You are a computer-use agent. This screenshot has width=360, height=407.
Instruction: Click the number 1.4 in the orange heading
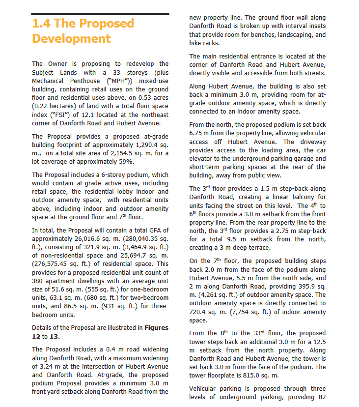(x=41, y=24)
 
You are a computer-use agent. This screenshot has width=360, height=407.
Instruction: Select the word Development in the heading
(x=71, y=39)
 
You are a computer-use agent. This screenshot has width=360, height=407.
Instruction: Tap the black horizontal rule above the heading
(x=100, y=14)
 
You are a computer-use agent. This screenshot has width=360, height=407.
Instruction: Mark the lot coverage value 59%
(x=125, y=161)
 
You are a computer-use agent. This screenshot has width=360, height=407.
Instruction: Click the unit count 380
(x=39, y=281)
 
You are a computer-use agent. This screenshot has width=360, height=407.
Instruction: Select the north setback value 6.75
(x=198, y=133)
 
